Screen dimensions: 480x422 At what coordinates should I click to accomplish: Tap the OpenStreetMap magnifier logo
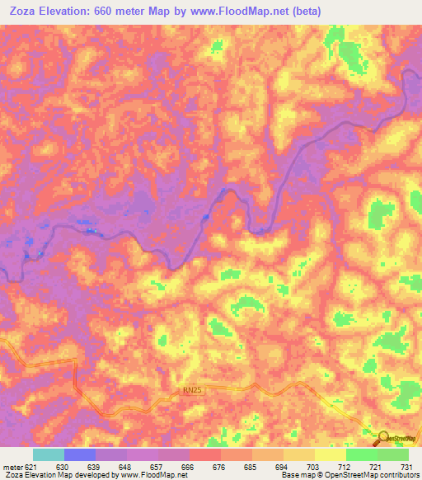382,438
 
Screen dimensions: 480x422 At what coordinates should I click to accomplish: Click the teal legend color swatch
49,454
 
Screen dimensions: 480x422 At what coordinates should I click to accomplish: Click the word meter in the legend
13,468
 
